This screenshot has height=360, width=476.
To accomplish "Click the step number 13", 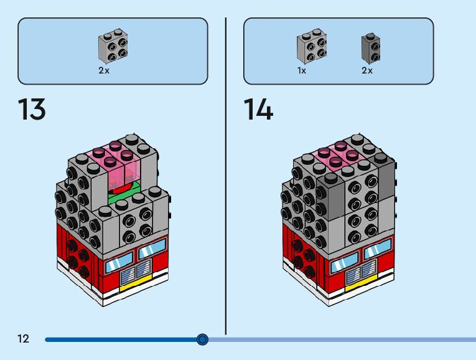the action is click(x=31, y=110).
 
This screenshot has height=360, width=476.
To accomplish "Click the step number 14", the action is click(x=258, y=110).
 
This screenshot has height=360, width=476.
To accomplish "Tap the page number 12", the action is click(x=23, y=339).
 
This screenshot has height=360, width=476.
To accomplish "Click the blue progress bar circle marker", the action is click(x=202, y=339).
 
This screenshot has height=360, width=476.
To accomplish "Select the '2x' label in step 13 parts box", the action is click(x=104, y=71).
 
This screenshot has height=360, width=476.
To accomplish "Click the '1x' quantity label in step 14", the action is click(x=302, y=71).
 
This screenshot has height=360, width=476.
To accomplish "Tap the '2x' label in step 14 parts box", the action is click(x=367, y=71).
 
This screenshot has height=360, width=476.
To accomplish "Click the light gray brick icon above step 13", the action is click(x=113, y=46).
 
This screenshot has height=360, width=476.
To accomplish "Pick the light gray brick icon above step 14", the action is click(x=312, y=45).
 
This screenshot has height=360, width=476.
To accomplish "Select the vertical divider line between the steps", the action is click(x=225, y=174).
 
